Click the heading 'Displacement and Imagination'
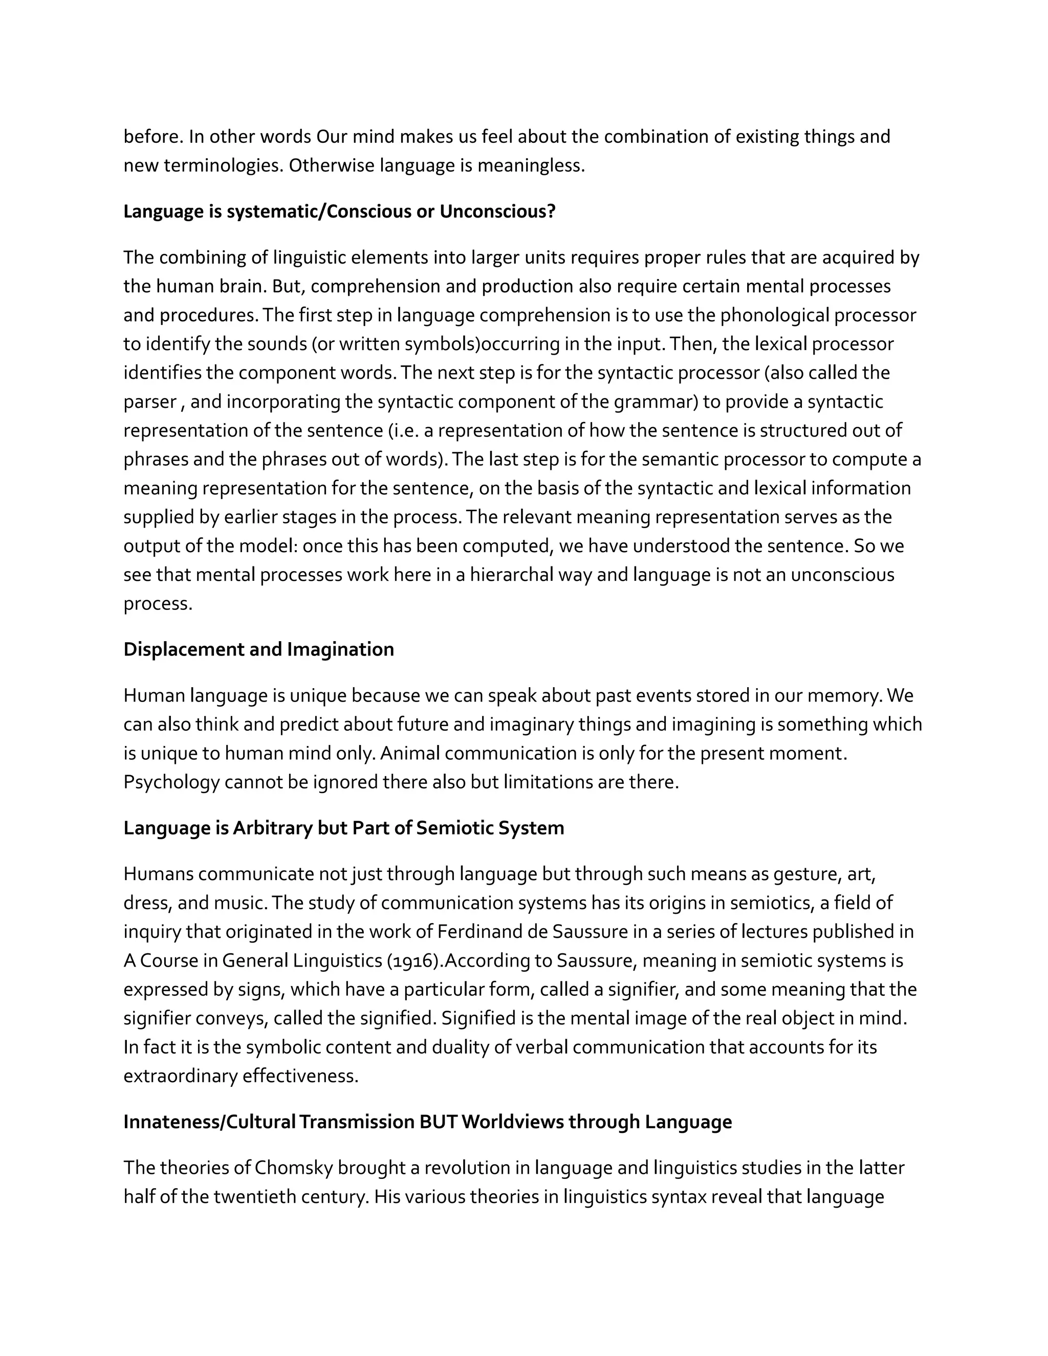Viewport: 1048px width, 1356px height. coord(258,649)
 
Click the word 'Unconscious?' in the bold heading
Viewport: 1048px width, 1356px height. coord(497,212)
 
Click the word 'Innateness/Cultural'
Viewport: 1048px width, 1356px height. coord(209,1122)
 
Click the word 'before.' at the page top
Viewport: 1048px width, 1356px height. coord(152,137)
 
